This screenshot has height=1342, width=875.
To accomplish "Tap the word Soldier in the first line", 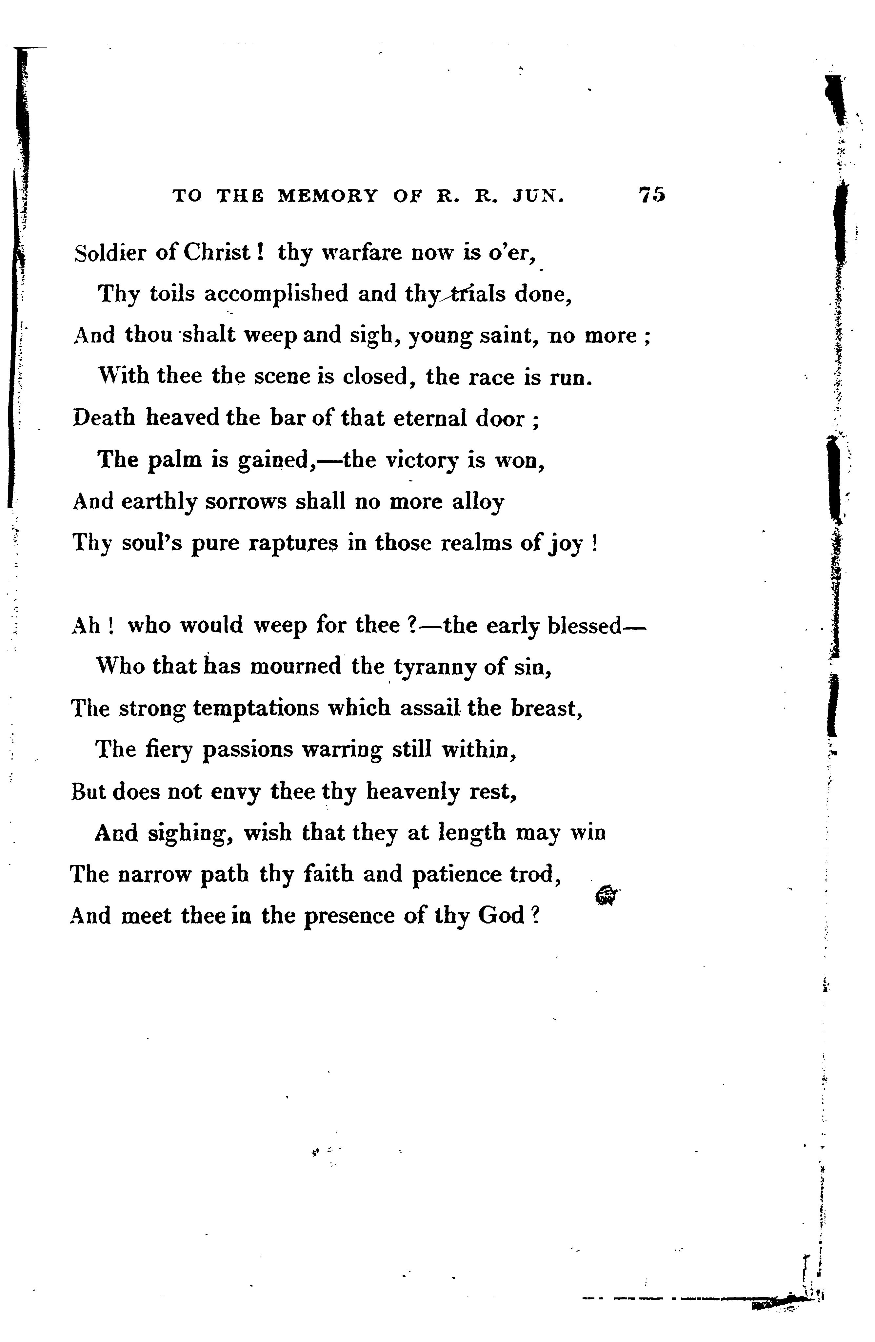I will point(110,253).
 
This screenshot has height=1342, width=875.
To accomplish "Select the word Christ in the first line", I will point(216,253).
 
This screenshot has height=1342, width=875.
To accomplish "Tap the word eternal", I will point(430,418).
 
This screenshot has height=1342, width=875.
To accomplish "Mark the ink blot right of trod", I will point(607,895).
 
